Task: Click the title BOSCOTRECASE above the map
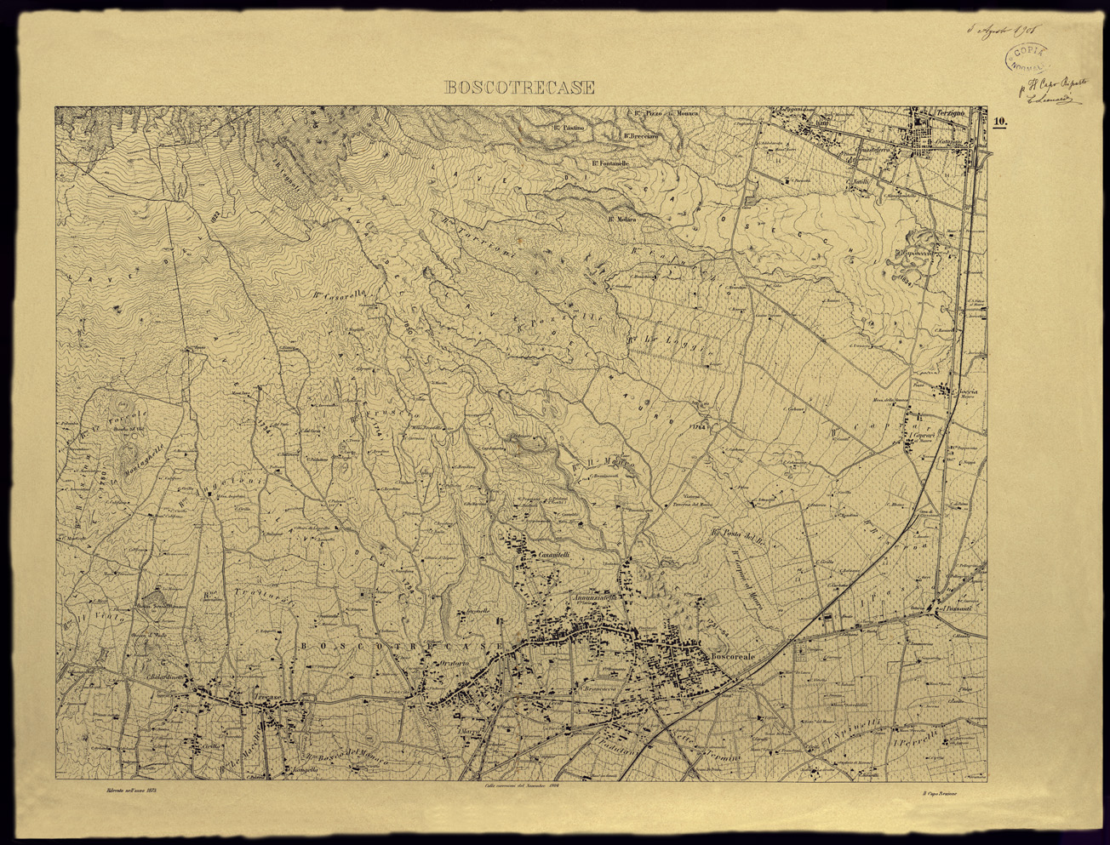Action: point(520,88)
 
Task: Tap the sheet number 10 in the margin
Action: point(999,122)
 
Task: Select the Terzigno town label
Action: point(947,113)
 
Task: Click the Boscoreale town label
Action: point(733,657)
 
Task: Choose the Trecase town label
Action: point(266,698)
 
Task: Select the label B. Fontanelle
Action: point(609,163)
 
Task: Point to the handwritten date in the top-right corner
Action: point(1001,30)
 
